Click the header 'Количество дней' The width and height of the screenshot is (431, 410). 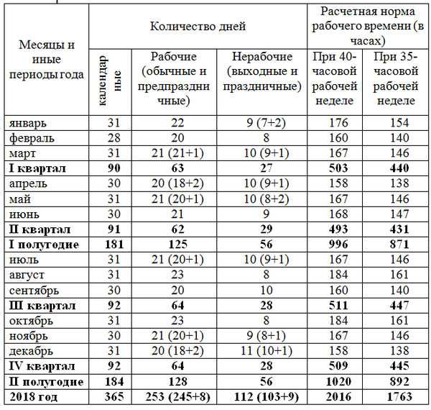(x=198, y=27)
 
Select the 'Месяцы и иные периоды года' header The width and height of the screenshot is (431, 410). (x=47, y=60)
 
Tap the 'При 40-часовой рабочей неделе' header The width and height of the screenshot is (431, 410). (x=335, y=78)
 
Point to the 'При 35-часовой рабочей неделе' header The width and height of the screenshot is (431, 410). (x=396, y=78)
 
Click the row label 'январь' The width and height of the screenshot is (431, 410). (x=28, y=123)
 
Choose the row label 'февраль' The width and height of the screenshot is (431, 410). (x=32, y=138)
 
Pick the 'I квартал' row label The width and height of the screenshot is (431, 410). (x=37, y=168)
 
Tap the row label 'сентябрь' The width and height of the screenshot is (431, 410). (x=34, y=291)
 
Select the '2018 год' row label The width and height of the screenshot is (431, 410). (x=34, y=397)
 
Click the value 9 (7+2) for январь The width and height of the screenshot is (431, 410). (x=266, y=123)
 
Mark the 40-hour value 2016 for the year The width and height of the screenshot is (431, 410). (x=338, y=396)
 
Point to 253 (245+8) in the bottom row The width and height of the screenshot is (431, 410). (x=178, y=396)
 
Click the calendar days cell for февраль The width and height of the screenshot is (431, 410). (x=113, y=137)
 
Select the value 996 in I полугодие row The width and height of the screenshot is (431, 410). (x=338, y=245)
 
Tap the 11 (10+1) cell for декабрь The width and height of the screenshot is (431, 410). (x=266, y=351)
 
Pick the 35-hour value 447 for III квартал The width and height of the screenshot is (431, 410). (x=399, y=306)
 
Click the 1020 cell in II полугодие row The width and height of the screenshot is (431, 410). (x=338, y=381)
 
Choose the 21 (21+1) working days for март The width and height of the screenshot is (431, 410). (x=177, y=153)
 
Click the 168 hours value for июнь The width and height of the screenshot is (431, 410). (x=338, y=214)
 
